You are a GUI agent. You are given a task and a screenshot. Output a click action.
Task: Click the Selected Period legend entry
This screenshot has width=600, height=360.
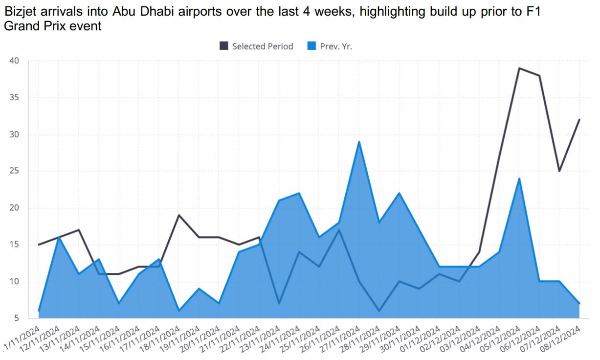coord(262,46)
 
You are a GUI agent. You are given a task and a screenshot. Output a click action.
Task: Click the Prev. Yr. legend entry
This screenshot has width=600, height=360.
coord(335,46)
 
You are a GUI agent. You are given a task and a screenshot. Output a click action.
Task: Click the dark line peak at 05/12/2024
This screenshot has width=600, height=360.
coord(519,68)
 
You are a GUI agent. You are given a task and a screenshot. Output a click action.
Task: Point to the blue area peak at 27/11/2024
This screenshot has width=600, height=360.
coord(359,142)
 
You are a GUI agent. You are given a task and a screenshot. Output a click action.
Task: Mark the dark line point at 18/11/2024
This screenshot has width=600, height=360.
coord(179,215)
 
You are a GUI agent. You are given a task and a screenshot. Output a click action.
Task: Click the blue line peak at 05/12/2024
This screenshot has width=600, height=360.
coord(519,179)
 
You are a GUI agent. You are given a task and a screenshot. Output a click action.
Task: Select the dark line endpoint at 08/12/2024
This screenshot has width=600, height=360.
coord(579,120)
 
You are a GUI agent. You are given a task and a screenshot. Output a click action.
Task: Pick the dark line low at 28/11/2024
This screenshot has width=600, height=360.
coord(379,311)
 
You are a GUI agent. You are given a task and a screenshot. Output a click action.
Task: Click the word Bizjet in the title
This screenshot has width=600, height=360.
coord(18,12)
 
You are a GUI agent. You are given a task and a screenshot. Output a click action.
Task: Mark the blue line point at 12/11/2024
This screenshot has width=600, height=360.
coord(59,237)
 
